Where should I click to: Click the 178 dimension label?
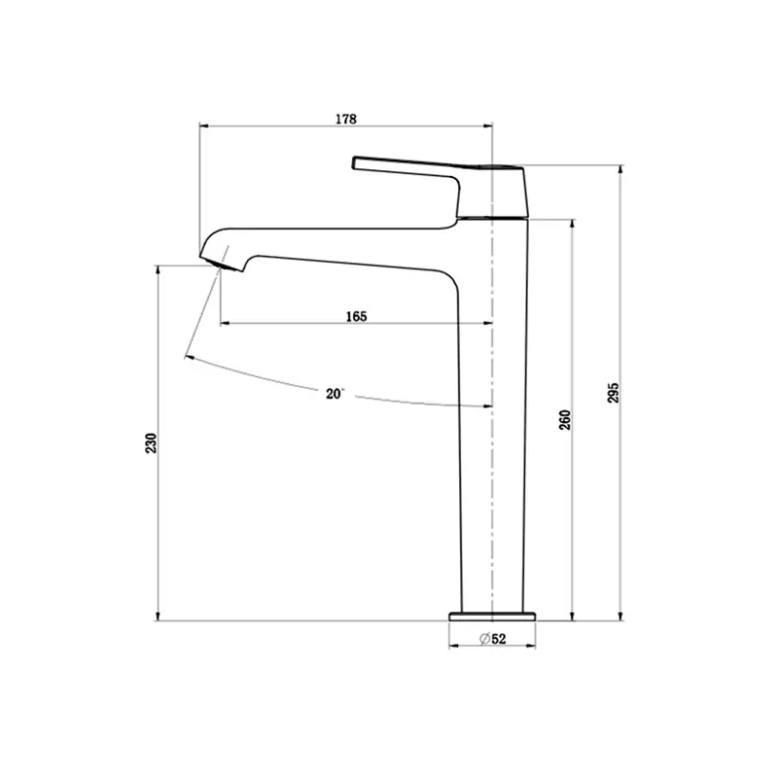346,119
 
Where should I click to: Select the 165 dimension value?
356,317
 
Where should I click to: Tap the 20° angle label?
335,394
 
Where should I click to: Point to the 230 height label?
151,442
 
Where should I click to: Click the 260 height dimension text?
565,420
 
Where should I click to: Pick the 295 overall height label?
614,393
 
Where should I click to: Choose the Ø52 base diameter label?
493,639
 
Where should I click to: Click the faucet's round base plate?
492,617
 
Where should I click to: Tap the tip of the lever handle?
354,162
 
